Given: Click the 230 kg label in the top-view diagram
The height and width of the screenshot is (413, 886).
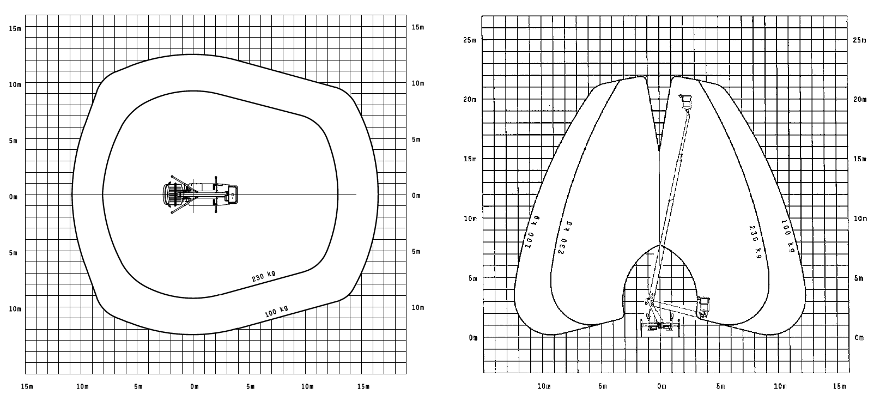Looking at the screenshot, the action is coord(265,276).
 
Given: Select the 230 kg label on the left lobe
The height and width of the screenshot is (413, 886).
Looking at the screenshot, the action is coord(565,239).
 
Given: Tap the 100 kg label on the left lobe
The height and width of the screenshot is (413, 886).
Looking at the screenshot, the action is coord(532,232).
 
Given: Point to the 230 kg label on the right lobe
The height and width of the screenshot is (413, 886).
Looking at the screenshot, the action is coord(754,241).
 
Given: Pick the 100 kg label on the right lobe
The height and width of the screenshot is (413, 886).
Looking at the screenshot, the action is coord(787,235).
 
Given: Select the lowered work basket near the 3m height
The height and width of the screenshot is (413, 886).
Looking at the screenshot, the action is coord(704,306).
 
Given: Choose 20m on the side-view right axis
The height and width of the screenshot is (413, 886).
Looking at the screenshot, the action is coord(859,100).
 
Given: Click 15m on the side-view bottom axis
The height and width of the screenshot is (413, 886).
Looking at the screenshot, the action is coord(839,386).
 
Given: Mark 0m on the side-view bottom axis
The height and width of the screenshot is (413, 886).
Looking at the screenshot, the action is coord(662,386).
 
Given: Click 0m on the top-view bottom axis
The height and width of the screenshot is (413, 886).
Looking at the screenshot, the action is coord(195,387).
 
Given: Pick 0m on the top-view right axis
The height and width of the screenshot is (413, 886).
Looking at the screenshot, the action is coord(416,196).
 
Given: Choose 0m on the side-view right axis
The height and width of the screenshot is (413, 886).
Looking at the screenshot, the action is coord(859,338).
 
